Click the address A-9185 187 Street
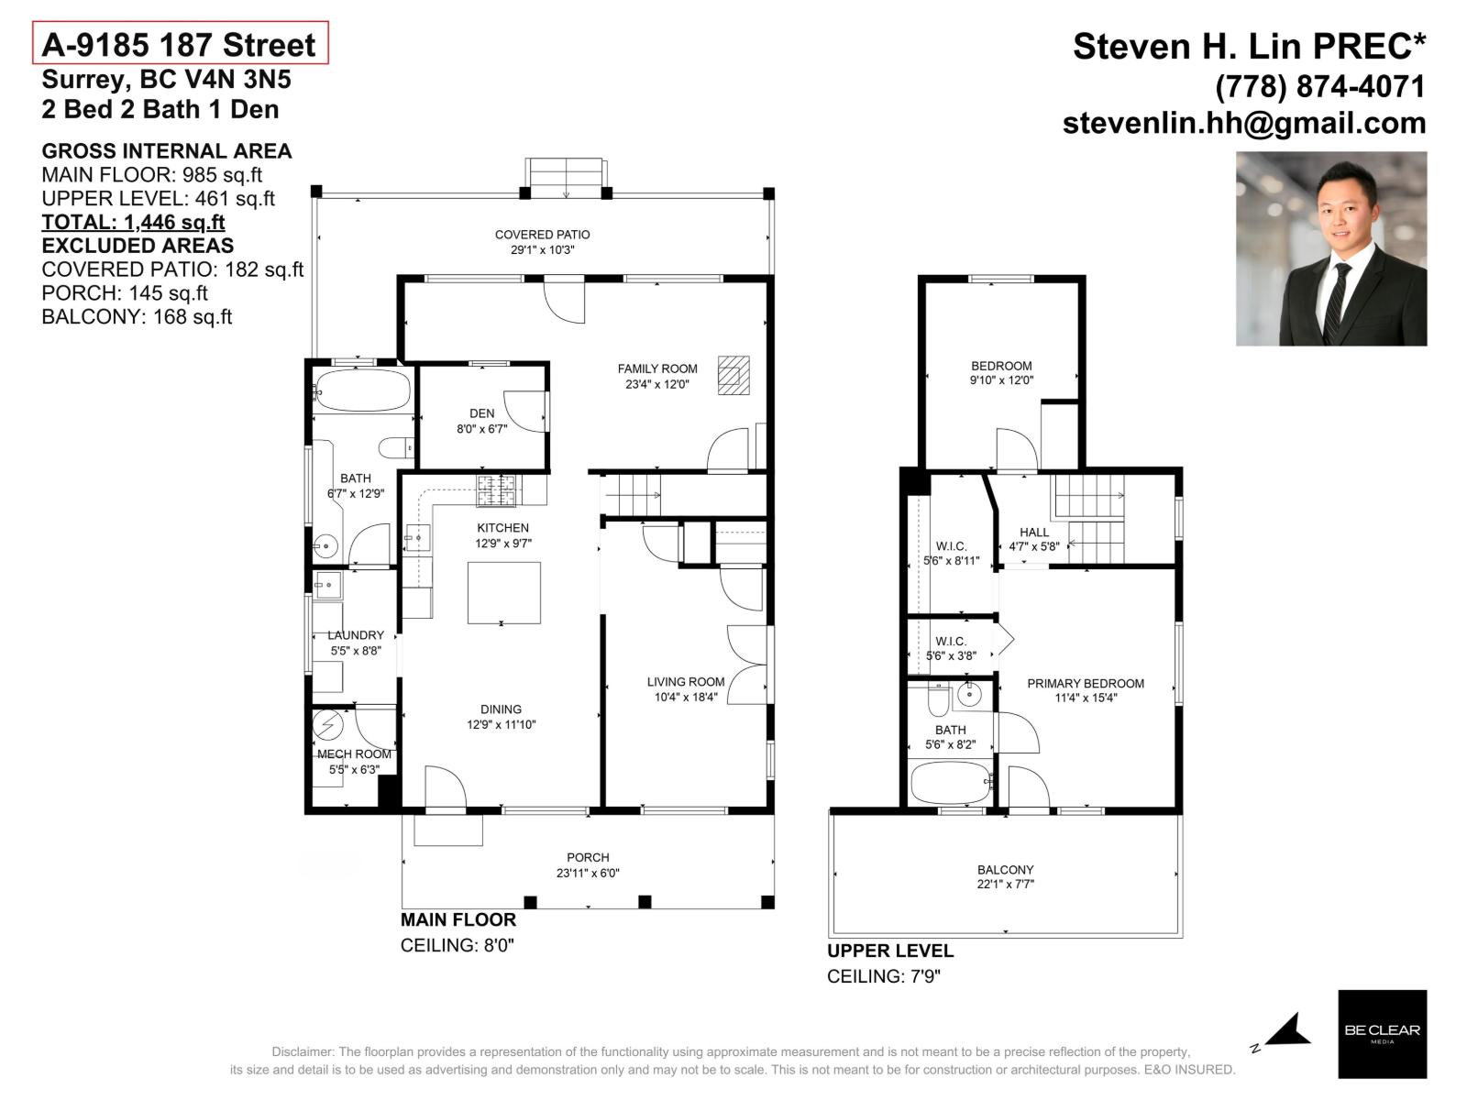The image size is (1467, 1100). coord(180,45)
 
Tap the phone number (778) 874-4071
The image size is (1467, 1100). coord(1319,86)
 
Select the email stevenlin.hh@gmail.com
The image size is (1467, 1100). coord(1243,123)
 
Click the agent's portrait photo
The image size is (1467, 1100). coord(1330,248)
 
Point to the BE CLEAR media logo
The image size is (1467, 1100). coord(1382,1033)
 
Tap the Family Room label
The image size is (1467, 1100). coord(656,368)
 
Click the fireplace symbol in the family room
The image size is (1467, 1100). coord(733,374)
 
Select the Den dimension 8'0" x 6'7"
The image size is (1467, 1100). coord(481,428)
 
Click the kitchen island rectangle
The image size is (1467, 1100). coord(503,593)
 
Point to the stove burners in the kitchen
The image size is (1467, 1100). coord(496,490)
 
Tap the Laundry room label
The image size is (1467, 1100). coord(356,635)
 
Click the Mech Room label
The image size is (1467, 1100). coord(354,754)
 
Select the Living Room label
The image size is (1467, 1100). coord(685,681)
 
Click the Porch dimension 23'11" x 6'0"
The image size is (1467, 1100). coord(588,874)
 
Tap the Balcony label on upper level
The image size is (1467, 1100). coord(1005,869)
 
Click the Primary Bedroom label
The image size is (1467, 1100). coord(1085,683)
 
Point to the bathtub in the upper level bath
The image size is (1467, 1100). coord(951,782)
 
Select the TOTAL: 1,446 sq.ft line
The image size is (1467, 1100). coord(133,222)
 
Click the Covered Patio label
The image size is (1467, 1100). coord(542,235)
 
